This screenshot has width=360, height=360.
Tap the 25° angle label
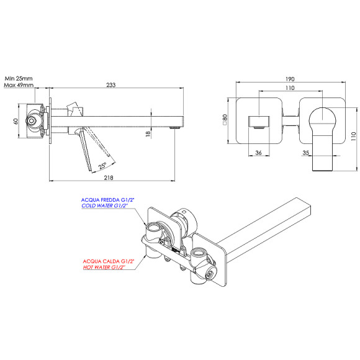pyautogui.click(x=102, y=164)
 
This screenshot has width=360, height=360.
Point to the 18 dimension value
pyautogui.click(x=148, y=135)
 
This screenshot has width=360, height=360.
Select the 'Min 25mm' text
pyautogui.click(x=19, y=79)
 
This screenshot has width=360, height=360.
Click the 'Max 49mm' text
pyautogui.click(x=19, y=86)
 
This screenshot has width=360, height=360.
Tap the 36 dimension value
pyautogui.click(x=258, y=151)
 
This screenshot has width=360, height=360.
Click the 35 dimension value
pyautogui.click(x=306, y=151)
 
